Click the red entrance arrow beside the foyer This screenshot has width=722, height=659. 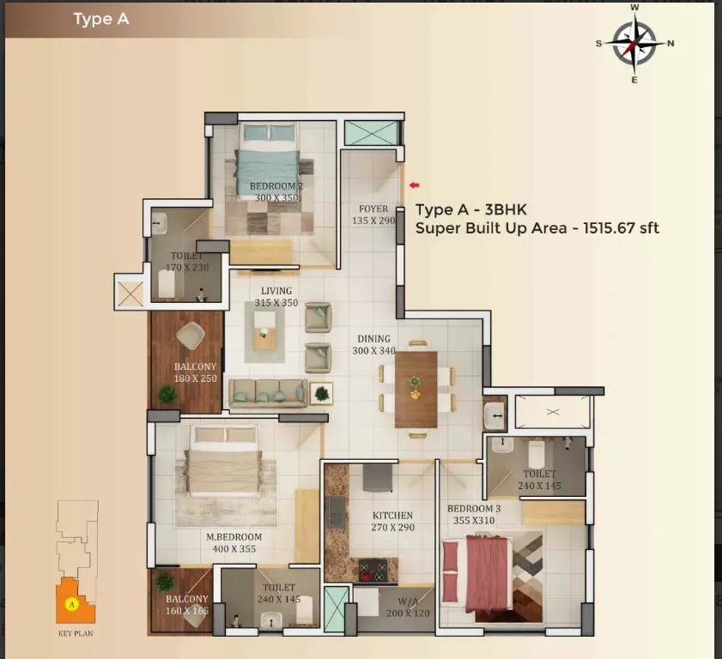pos(415,185)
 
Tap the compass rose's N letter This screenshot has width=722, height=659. pos(670,43)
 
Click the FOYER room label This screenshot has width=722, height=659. pos(373,209)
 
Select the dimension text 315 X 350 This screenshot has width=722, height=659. pos(276,303)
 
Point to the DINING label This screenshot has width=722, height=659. pos(374,339)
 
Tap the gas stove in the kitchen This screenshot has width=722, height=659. pos(373,571)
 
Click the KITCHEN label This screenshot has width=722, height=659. pos(393,516)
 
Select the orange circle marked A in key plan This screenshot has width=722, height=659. pos(71,604)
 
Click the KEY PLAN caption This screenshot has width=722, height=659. pos(76,633)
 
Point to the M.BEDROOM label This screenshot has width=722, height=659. pos(234,537)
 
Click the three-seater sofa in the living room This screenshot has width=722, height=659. pos(268,394)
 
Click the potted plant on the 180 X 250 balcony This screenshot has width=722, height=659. pos(167,395)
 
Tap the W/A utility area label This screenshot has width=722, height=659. pos(408,601)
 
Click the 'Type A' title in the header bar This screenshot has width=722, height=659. pos(101,20)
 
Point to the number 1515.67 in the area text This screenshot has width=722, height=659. pos(609,227)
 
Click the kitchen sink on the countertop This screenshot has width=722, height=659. pos(336,511)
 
